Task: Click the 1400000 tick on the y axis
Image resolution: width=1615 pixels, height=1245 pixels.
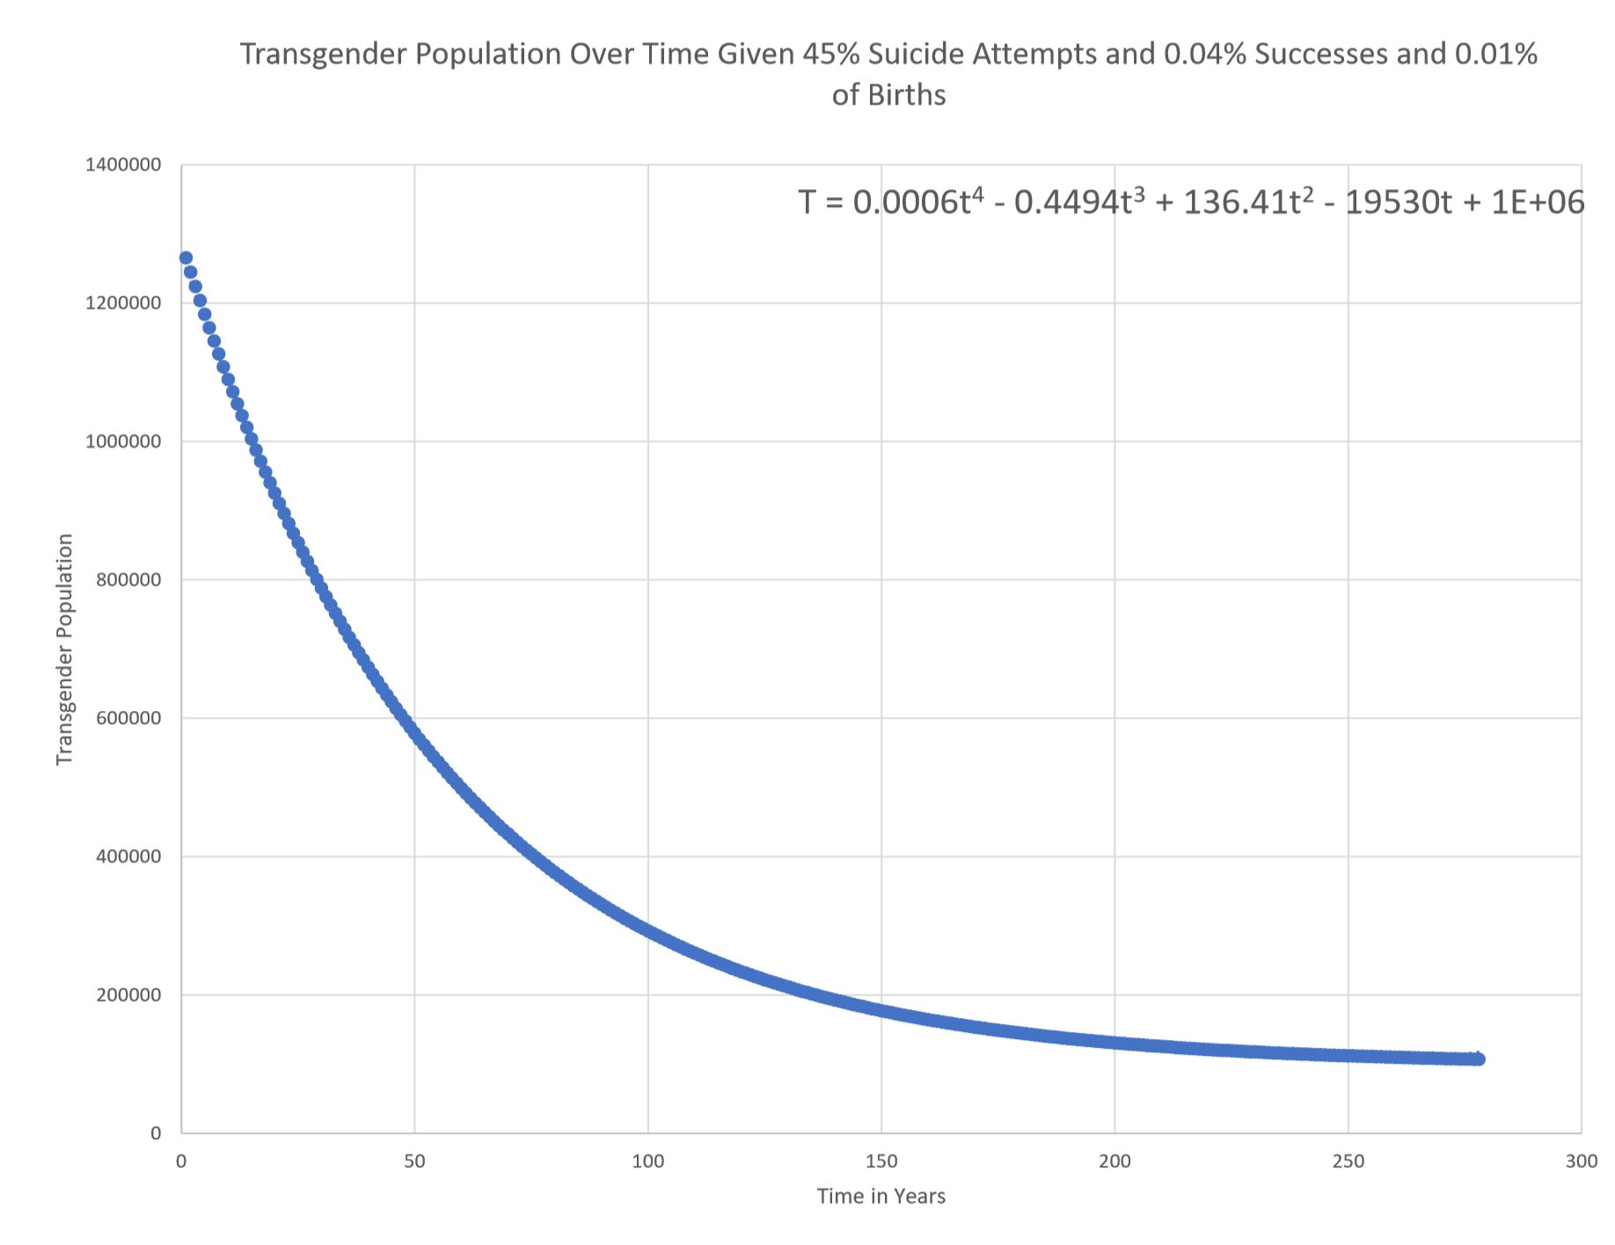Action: (x=123, y=165)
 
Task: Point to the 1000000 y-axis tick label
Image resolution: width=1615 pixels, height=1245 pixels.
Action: (x=123, y=442)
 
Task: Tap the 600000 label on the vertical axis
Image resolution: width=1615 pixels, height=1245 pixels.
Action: (x=128, y=718)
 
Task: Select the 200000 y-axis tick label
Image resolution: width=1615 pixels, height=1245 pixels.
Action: (x=128, y=995)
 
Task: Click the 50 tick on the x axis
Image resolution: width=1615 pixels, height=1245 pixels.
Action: (x=414, y=1161)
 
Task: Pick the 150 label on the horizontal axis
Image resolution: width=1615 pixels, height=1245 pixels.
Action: (x=881, y=1161)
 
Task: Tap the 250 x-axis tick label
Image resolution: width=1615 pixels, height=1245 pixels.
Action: (x=1348, y=1161)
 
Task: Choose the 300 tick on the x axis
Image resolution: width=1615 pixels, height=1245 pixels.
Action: (x=1582, y=1161)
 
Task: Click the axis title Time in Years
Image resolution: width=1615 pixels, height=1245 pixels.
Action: (x=881, y=1197)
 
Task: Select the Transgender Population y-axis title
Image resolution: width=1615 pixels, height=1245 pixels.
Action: (x=64, y=649)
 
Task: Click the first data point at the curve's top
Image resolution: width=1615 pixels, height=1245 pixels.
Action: (x=186, y=258)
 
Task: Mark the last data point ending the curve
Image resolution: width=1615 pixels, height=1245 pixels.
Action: (x=1479, y=1058)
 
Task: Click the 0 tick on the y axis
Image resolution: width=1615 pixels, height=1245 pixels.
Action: (x=156, y=1133)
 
